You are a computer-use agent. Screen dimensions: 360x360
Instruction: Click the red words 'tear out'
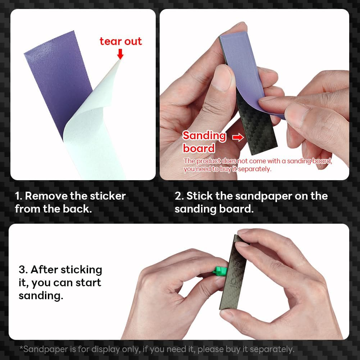121,41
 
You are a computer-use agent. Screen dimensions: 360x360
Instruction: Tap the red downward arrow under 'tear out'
120,54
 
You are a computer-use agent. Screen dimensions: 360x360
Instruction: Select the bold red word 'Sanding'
204,136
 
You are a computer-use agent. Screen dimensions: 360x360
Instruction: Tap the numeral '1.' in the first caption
19,196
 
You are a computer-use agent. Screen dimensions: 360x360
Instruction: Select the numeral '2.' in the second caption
179,196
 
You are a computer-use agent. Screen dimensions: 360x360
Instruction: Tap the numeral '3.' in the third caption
23,270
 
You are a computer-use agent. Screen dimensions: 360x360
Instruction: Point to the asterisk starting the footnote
21,348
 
